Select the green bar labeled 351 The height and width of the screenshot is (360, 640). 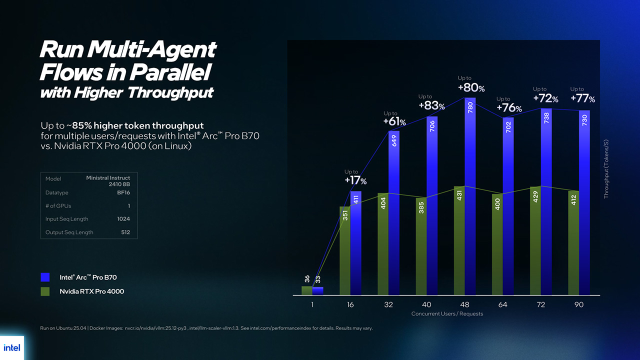[345, 250]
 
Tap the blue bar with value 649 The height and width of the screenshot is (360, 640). [394, 212]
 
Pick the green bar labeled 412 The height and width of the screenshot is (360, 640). [573, 242]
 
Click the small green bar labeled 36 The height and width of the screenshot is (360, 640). [306, 290]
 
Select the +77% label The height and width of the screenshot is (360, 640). [582, 98]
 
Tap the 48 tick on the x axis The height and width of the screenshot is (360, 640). [464, 304]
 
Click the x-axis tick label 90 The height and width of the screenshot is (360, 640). [578, 304]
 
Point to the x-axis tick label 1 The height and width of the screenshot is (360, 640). [312, 304]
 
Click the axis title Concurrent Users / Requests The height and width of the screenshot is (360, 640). [447, 313]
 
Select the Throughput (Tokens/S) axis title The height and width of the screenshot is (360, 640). [606, 169]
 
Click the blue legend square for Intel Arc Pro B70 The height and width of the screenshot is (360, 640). [45, 277]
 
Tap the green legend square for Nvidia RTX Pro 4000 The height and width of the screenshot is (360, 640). [45, 291]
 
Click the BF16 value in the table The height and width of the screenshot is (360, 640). [123, 192]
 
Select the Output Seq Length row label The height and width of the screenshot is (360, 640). [69, 232]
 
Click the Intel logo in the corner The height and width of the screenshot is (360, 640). [11, 347]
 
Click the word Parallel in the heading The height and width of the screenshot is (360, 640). [169, 72]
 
